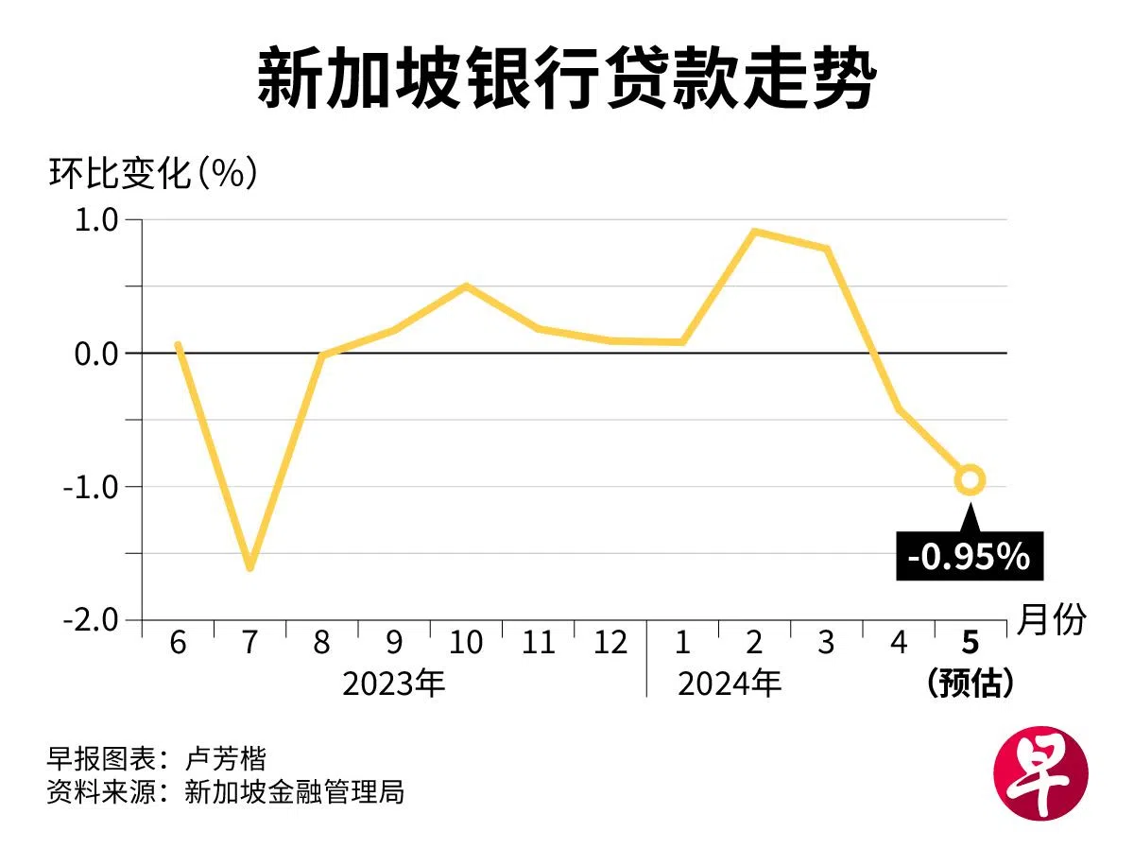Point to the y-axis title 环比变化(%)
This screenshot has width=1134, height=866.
[x=152, y=174]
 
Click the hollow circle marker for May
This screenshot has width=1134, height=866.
[x=970, y=480]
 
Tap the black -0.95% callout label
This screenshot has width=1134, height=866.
[x=968, y=557]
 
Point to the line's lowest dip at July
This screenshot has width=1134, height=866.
[x=249, y=567]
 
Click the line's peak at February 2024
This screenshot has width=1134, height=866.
[x=754, y=232]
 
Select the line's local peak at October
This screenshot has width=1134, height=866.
[x=466, y=286]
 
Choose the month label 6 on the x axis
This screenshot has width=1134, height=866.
[x=178, y=644]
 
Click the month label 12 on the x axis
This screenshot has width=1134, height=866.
[x=610, y=644]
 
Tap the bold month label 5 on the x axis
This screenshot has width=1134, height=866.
[x=970, y=644]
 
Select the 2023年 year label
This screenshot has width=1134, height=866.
[x=393, y=683]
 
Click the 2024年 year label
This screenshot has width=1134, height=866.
[x=730, y=683]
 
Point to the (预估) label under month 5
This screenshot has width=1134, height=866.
[x=971, y=683]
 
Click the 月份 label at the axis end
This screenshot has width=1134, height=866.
[x=1052, y=620]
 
